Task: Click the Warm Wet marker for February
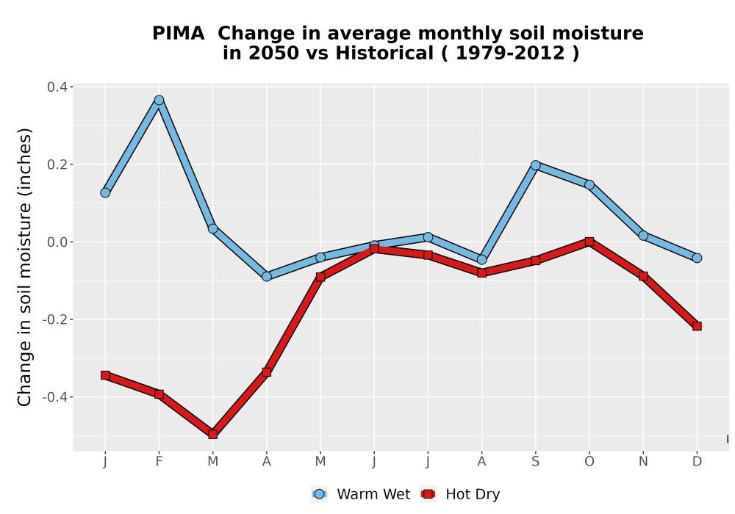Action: coord(159,100)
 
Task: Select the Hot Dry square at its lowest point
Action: coord(213,434)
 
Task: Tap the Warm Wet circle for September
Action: coord(535,165)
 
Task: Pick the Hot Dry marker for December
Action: coord(697,326)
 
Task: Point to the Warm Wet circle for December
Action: coord(697,258)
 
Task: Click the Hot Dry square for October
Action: coord(589,242)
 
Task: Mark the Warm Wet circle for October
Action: coord(589,185)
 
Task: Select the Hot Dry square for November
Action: coord(643,276)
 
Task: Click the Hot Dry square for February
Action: coord(159,394)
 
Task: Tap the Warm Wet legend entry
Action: coord(361,494)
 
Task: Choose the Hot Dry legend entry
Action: coord(460,494)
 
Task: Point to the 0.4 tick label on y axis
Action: coord(57,87)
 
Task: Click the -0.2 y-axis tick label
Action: coord(55,319)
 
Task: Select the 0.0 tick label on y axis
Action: coord(57,242)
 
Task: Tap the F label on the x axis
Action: coord(159,462)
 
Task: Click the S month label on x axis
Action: coord(535,462)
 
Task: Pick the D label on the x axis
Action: coord(697,462)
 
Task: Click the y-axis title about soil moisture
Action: coord(24,267)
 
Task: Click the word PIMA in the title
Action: coord(179,34)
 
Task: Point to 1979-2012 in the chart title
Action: coord(510,53)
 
